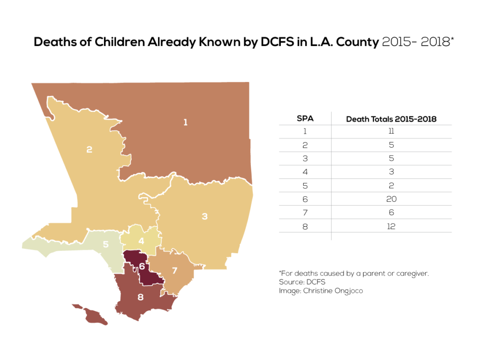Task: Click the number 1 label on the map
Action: pyautogui.click(x=186, y=122)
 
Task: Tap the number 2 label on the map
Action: pyautogui.click(x=89, y=150)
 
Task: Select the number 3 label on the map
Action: pyautogui.click(x=204, y=216)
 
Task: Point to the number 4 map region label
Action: pyautogui.click(x=141, y=241)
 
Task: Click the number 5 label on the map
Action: pyautogui.click(x=106, y=244)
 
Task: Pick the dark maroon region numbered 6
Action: pyautogui.click(x=142, y=266)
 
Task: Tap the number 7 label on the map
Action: pyautogui.click(x=174, y=270)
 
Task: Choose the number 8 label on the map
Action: pyautogui.click(x=140, y=297)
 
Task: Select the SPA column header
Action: pyautogui.click(x=305, y=119)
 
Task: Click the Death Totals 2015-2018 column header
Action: pyautogui.click(x=391, y=119)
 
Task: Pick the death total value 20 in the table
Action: pyautogui.click(x=391, y=199)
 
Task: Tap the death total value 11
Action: pyautogui.click(x=391, y=132)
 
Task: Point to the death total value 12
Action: pyautogui.click(x=391, y=226)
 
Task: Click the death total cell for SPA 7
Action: pyautogui.click(x=391, y=213)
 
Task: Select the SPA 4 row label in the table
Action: pyautogui.click(x=305, y=172)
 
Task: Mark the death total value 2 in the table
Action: pyautogui.click(x=391, y=186)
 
